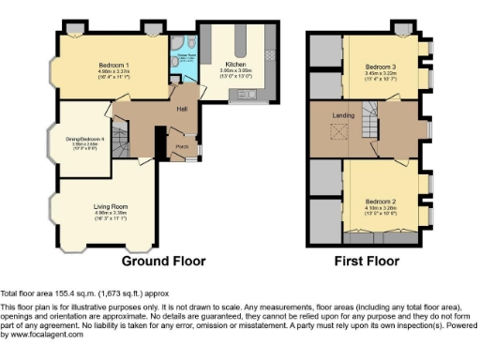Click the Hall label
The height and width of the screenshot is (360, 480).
tap(182, 110)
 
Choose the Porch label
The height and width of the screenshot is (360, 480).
tap(183, 145)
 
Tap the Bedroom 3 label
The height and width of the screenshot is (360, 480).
tap(380, 67)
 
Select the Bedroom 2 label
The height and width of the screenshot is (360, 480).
tap(380, 202)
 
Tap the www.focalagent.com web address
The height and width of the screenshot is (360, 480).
tap(44, 335)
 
